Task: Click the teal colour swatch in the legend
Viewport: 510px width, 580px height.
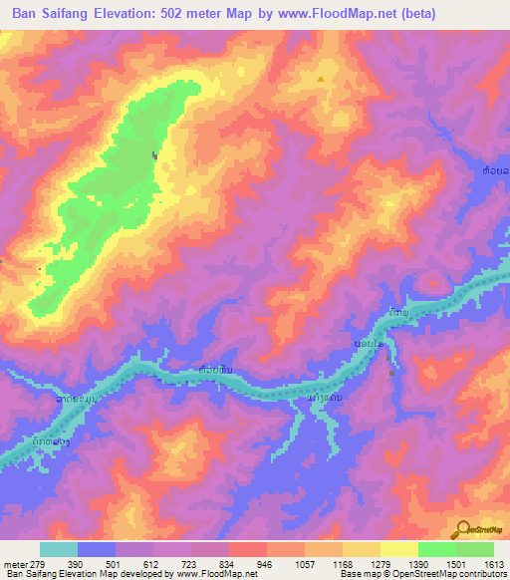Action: pos(58,549)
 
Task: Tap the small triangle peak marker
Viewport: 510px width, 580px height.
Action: pos(321,78)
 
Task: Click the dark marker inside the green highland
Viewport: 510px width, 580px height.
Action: pos(154,154)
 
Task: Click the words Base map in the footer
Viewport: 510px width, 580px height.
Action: pos(356,575)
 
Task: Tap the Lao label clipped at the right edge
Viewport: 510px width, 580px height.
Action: pos(495,172)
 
